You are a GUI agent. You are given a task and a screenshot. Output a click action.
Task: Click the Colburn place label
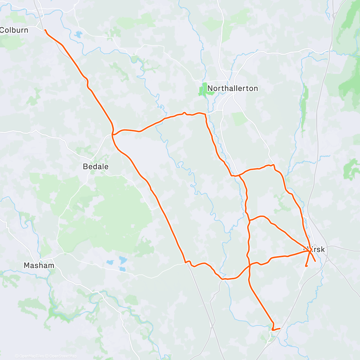point(14,30)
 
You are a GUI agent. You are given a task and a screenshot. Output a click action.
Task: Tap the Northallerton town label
point(232,88)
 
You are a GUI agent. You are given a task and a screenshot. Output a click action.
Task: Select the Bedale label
point(96,166)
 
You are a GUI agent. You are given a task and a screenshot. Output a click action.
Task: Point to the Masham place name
point(39,265)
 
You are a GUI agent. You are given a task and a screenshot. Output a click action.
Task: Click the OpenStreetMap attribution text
point(63,356)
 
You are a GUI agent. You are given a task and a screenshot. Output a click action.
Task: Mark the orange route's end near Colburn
point(45,30)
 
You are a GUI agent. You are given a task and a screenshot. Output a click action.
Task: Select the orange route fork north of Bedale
point(113,134)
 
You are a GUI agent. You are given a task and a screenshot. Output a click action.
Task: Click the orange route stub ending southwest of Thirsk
point(306,266)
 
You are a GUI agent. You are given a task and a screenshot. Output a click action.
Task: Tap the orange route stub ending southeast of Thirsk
point(315,261)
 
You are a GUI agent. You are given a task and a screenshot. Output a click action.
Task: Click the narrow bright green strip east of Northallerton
point(304,105)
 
